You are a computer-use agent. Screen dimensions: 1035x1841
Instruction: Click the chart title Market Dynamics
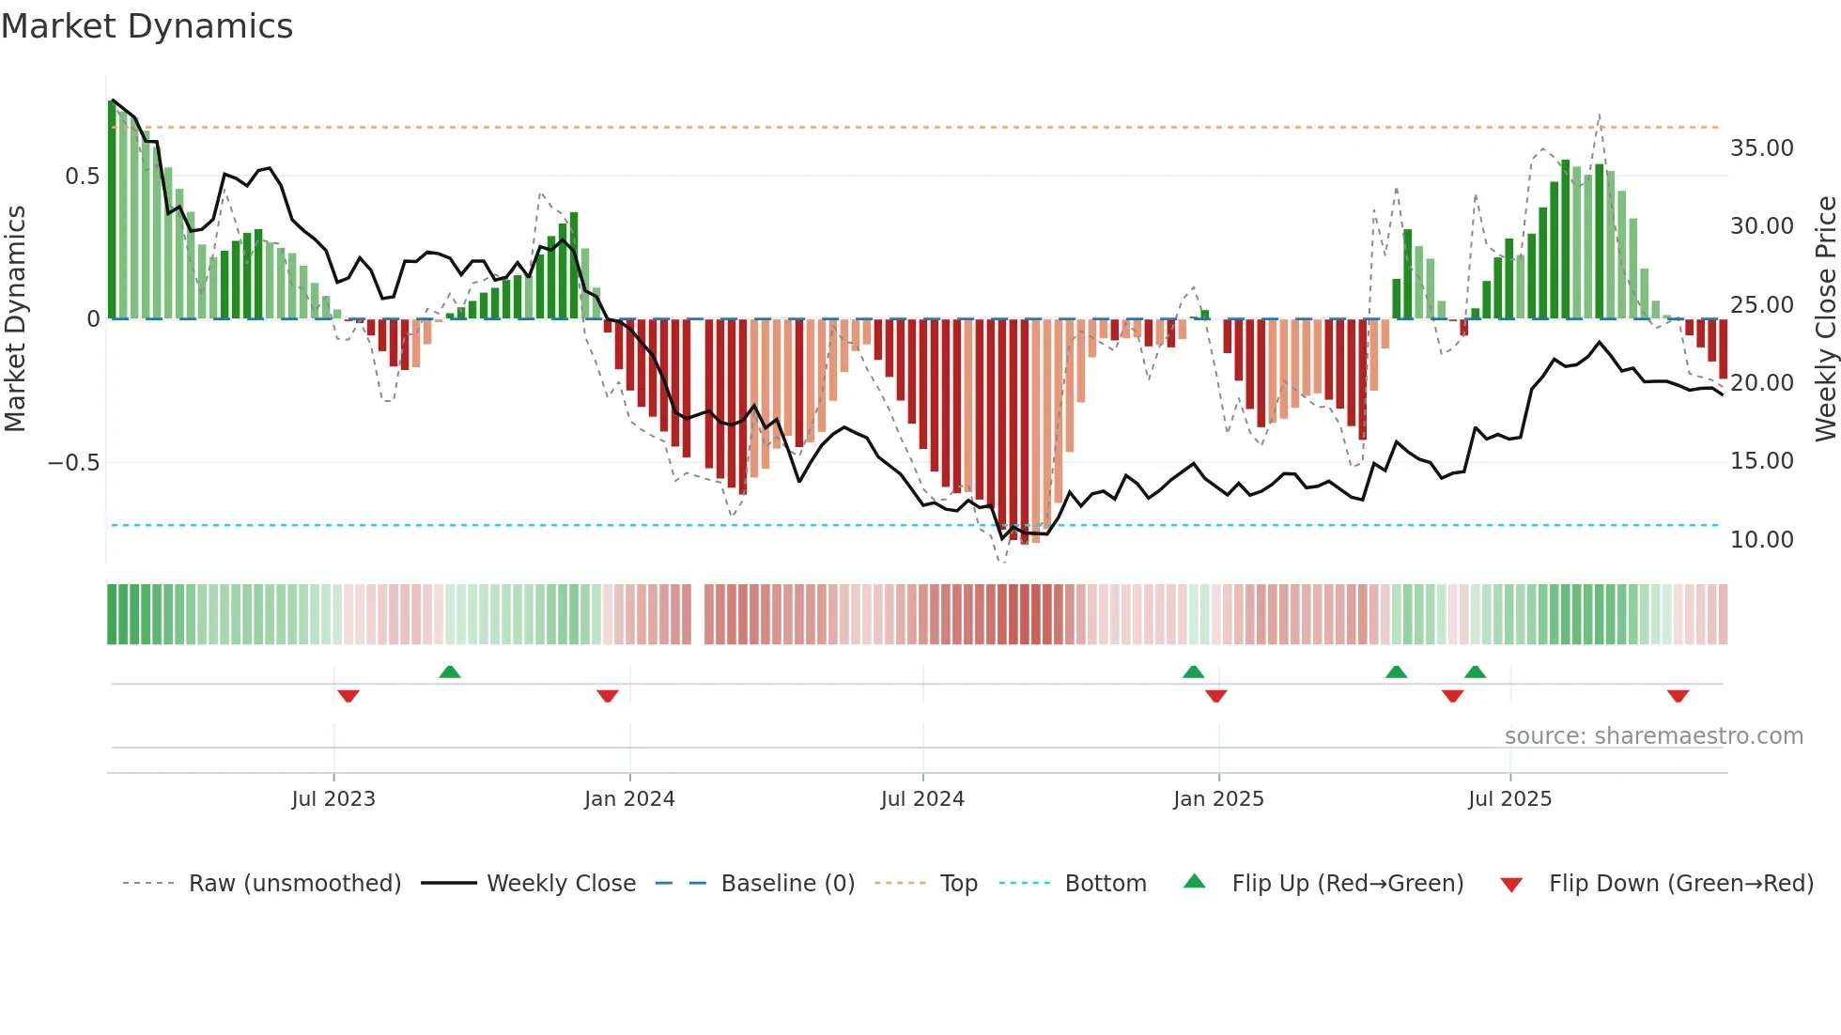point(147,26)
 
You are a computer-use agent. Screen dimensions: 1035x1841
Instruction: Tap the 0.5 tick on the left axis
point(82,177)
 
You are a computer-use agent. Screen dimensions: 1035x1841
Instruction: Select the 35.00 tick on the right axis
point(1761,148)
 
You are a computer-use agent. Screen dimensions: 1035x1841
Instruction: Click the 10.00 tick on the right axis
point(1761,540)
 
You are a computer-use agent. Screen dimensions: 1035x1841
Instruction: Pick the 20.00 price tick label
point(1761,383)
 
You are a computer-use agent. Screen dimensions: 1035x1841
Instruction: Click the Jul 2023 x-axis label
point(333,799)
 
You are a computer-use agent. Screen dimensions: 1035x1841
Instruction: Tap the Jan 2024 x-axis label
point(629,799)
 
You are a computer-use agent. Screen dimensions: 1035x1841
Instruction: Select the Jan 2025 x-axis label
point(1218,799)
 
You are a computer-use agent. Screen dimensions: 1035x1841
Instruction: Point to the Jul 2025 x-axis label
point(1509,799)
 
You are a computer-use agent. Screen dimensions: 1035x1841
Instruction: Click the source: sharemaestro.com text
point(1653,736)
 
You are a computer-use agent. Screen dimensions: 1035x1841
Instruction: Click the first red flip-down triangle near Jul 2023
point(348,696)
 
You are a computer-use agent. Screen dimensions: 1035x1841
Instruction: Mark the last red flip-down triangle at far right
point(1679,696)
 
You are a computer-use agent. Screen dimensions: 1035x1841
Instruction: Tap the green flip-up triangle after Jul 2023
point(450,672)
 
